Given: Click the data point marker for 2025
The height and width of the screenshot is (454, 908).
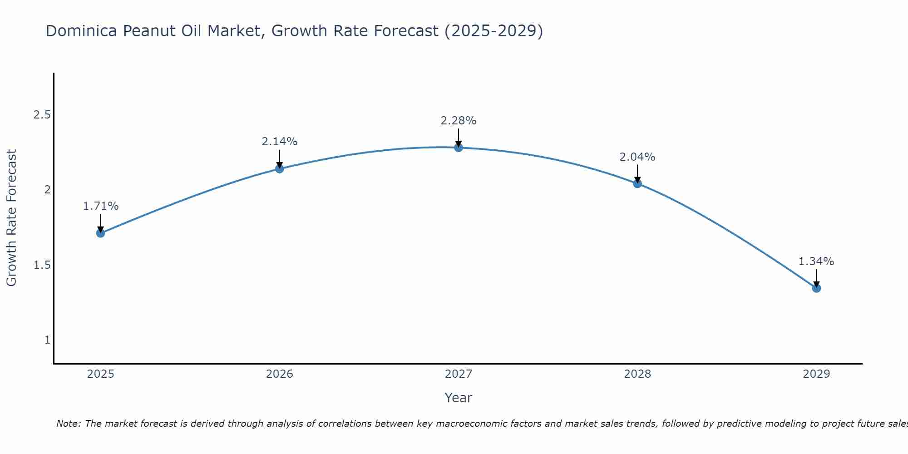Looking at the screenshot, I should [101, 233].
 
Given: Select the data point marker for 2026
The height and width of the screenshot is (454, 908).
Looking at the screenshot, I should [280, 169].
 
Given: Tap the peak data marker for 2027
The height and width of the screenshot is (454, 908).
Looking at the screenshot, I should [459, 148].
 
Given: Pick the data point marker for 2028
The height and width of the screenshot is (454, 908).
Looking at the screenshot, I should [637, 183].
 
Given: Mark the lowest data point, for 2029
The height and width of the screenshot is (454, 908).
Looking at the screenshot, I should [816, 288].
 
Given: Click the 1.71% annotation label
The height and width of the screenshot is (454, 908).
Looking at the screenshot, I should [101, 206].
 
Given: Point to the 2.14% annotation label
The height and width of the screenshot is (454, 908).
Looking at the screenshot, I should [280, 142].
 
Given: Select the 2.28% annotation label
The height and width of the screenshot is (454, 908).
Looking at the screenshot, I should [459, 121].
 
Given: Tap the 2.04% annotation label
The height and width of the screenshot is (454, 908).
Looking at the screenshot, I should [637, 157].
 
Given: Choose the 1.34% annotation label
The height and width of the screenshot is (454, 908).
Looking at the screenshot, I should [816, 262].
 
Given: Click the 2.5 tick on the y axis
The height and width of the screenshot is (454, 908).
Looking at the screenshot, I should [42, 115].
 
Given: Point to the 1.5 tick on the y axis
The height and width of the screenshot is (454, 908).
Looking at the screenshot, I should [42, 265].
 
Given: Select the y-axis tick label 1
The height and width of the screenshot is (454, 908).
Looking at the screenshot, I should [47, 340].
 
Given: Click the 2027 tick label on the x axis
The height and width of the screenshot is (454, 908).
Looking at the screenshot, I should [459, 374].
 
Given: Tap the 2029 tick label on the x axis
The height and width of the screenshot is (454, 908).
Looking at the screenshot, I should [816, 374].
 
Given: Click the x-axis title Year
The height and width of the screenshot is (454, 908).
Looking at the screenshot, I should [459, 398].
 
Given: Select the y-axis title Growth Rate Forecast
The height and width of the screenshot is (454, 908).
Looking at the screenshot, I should [12, 218].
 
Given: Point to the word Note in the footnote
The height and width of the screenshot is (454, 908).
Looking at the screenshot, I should [68, 424].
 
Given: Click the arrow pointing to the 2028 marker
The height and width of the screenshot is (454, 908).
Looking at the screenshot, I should [637, 173].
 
